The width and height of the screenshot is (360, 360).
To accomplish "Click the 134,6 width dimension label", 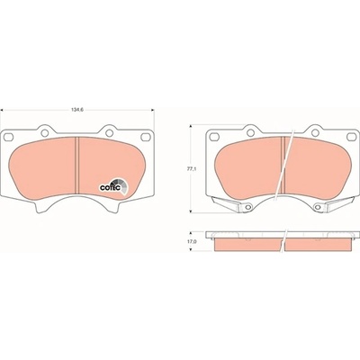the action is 77,110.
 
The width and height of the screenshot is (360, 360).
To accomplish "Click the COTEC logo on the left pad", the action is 114,186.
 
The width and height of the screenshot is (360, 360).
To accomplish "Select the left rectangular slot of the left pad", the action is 9,137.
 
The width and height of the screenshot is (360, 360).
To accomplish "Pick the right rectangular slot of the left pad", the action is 146,137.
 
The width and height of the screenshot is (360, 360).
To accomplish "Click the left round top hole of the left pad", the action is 45,132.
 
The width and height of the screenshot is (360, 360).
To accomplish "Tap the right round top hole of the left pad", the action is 109,132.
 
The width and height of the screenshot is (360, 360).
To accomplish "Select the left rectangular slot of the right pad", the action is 214,137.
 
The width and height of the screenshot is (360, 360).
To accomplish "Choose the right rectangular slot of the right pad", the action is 351,137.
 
